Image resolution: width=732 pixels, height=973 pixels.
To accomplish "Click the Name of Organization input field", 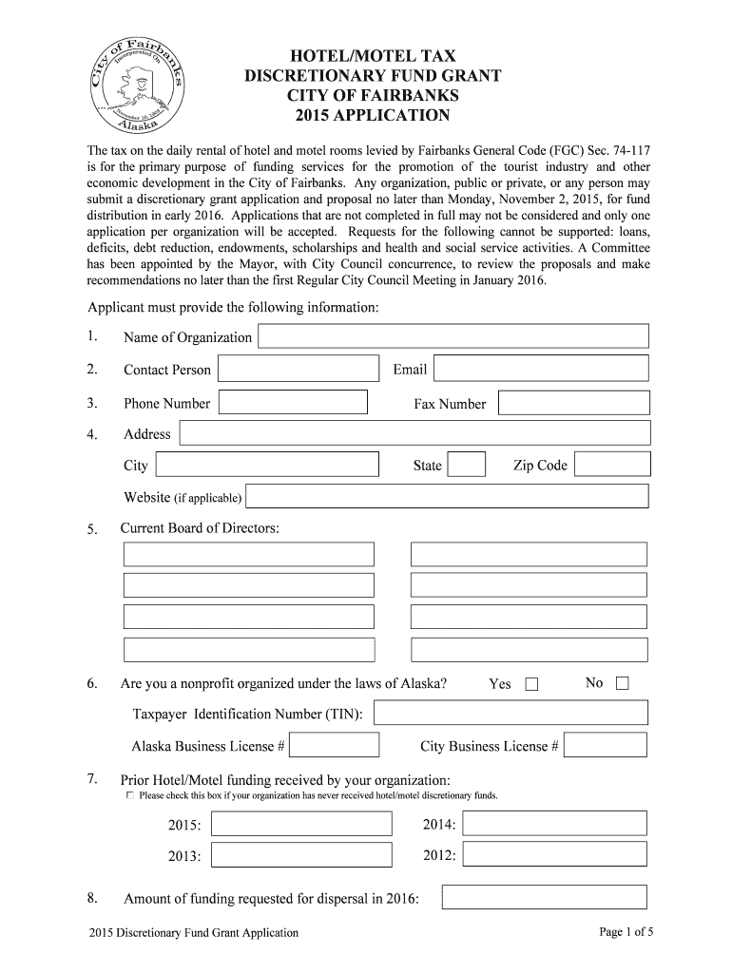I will (453, 336).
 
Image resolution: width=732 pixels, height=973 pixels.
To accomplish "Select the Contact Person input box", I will (299, 369).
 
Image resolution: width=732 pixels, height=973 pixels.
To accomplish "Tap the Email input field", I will (542, 369).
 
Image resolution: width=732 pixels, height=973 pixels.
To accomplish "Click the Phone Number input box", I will (293, 402).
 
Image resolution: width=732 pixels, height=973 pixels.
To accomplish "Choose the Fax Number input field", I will (575, 403).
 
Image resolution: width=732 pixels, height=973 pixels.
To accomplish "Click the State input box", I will (466, 465).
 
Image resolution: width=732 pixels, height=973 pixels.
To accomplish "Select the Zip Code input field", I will (613, 465).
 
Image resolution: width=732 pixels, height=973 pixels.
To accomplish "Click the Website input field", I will (447, 496).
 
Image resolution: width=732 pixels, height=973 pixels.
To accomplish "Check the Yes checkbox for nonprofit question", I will (530, 684).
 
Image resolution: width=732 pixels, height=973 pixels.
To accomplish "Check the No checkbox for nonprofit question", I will (623, 683).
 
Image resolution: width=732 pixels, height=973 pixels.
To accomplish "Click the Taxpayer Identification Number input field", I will (511, 713).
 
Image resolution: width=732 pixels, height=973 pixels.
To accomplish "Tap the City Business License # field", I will (606, 745).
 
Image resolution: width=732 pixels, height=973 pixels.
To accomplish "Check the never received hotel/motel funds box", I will (130, 794).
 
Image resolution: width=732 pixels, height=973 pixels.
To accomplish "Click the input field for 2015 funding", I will (300, 824).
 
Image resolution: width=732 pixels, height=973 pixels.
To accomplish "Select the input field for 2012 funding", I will (554, 855).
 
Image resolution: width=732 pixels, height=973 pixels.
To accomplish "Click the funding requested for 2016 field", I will (545, 897).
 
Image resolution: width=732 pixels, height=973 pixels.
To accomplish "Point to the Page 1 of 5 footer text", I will (626, 932).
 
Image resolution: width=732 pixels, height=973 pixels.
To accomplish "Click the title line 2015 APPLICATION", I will (366, 116).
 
